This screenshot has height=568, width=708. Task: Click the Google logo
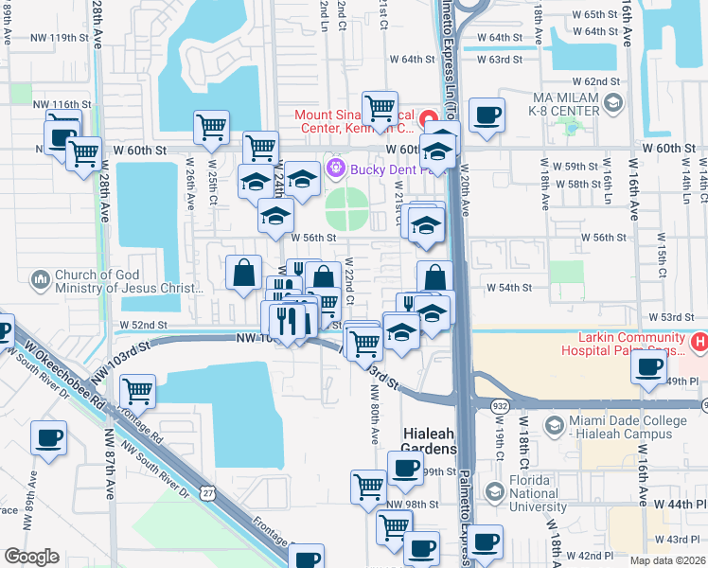[32, 557]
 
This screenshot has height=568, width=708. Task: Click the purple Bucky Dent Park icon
[333, 169]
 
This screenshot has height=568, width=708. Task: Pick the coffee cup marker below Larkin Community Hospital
[648, 367]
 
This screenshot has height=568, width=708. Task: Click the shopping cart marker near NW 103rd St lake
[138, 388]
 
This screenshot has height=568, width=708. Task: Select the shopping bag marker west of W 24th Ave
[244, 273]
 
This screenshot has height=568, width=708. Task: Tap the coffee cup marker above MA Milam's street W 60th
[487, 116]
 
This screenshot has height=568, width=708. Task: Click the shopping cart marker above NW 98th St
[369, 487]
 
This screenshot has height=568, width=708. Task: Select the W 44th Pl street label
[675, 506]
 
